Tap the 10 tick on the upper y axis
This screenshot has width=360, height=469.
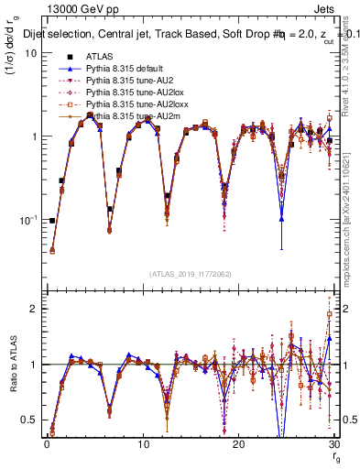click(29, 52)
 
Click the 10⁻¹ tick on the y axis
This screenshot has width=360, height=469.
click(27, 220)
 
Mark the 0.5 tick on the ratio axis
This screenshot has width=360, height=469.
click(28, 420)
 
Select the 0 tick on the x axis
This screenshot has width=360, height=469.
click(46, 444)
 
